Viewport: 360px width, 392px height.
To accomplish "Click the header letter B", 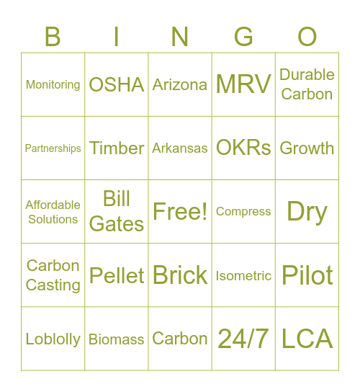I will (53, 36).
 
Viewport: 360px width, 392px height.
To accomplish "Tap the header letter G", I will (244, 36).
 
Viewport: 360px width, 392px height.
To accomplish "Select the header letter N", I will (180, 36).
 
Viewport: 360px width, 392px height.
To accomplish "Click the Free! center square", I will (180, 212).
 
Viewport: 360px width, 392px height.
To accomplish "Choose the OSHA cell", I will (117, 84).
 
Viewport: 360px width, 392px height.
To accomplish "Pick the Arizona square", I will (180, 84).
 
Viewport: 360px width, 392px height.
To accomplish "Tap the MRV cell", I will (243, 84).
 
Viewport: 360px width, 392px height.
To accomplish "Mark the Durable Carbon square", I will (307, 84).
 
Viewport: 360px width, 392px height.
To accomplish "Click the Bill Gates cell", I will (117, 212).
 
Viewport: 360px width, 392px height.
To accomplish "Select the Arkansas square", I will (180, 148).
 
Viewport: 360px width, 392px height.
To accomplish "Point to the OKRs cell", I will (243, 148).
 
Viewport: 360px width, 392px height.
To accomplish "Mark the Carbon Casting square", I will (53, 275).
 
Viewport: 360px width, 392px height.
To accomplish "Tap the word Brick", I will (180, 275).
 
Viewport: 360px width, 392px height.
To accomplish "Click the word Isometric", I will (243, 276).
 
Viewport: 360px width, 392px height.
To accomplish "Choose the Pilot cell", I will (307, 275).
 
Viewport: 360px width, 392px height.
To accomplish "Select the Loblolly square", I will (53, 339).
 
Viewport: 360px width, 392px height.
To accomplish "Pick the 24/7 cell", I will (243, 339).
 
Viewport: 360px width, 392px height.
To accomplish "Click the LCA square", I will (307, 339).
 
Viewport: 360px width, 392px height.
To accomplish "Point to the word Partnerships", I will (53, 148).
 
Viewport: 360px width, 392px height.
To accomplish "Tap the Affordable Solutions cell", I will (53, 212).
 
